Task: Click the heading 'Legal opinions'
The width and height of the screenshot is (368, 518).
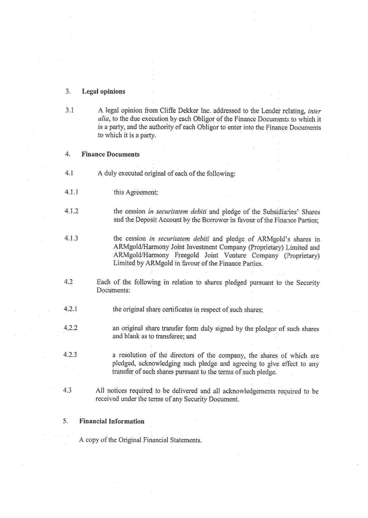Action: click(103, 91)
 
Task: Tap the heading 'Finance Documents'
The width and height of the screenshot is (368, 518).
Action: click(110, 154)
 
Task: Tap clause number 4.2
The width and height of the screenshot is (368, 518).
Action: click(68, 283)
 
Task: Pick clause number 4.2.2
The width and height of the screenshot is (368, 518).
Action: click(71, 328)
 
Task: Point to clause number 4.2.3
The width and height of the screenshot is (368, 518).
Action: click(71, 354)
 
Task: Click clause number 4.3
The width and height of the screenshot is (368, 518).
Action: click(68, 391)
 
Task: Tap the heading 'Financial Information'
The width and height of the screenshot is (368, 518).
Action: click(112, 421)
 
